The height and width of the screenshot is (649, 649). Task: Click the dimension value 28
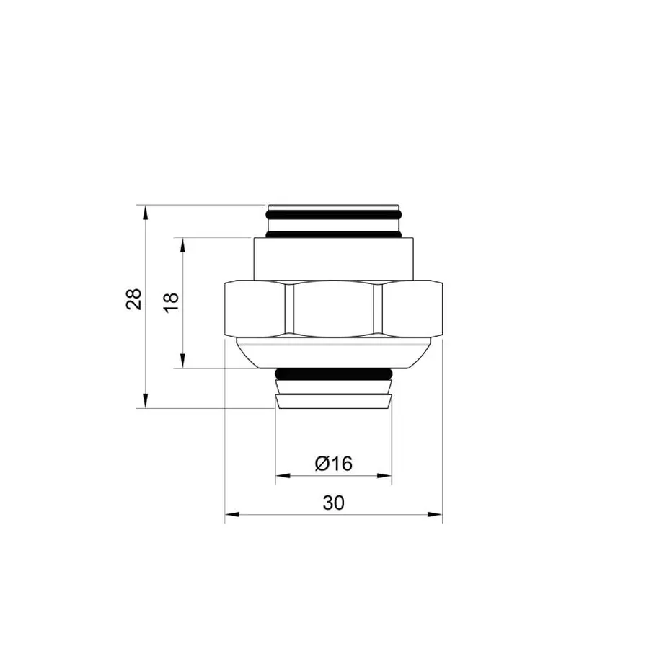point(134,299)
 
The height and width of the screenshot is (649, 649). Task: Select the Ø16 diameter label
point(333,464)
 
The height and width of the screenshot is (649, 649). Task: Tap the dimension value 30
point(333,503)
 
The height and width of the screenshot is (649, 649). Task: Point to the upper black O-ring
point(333,215)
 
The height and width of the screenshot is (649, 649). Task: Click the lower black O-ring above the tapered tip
point(333,374)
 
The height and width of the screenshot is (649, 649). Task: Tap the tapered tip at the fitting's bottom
point(333,401)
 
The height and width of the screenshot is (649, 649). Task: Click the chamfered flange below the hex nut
point(333,353)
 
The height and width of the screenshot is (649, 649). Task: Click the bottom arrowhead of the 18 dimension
point(183,362)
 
